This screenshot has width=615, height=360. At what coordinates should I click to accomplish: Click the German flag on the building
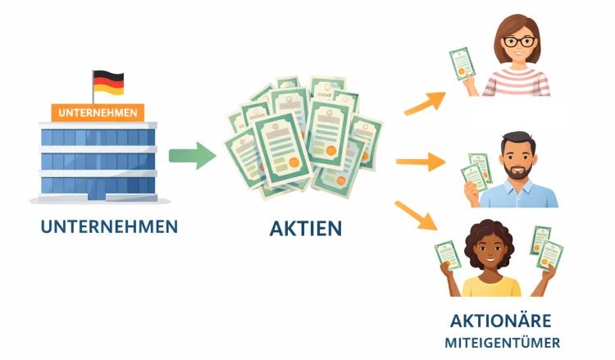point(108,81)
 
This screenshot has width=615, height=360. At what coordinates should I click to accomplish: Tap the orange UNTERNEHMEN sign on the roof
point(98,112)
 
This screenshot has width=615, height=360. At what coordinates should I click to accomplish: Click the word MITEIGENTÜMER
point(501,342)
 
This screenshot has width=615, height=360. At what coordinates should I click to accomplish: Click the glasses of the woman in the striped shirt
point(518,41)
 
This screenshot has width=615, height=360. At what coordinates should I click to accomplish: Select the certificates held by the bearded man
point(476,173)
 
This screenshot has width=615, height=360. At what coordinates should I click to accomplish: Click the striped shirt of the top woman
point(517,82)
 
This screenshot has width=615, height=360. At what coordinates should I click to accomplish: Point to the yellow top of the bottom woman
point(491,286)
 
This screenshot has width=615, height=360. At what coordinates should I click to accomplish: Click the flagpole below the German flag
point(93,96)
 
